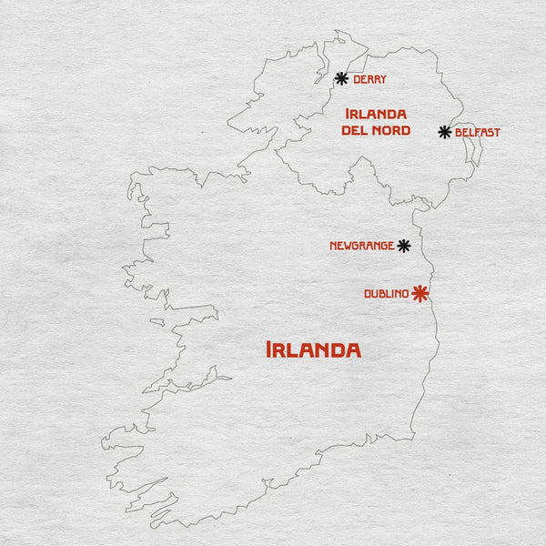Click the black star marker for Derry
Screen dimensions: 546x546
pos(341,79)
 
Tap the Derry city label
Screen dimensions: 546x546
pos(369,80)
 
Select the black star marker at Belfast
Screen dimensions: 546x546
pos(445,132)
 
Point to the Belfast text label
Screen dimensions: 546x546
pos(478,133)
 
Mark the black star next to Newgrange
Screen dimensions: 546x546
pos(404,246)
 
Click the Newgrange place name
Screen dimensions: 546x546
pos(362,246)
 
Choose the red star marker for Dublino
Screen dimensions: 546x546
pos(420,293)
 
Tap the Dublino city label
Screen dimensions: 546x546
pos(386,294)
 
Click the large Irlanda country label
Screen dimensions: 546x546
pos(313,349)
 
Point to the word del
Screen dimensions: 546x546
pos(354,131)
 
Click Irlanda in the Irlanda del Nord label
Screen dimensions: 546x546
pos(375,114)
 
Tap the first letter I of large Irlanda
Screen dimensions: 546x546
pos(268,349)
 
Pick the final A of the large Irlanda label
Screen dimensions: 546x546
pos(352,350)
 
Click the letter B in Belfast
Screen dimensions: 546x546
pos(459,133)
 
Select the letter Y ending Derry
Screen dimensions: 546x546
pos(383,80)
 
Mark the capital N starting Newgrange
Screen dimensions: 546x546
pos(333,246)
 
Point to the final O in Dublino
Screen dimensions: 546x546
pos(405,294)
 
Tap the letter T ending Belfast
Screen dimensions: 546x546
pos(497,133)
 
